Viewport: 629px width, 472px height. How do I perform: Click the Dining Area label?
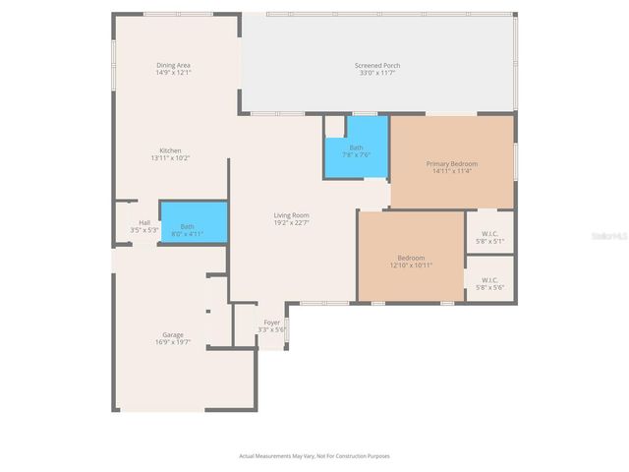pyautogui.click(x=173, y=66)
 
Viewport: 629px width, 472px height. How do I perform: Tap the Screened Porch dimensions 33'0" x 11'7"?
pyautogui.click(x=377, y=73)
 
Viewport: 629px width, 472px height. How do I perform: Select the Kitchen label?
pyautogui.click(x=170, y=150)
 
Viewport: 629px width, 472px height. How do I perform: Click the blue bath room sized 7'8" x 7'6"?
pyautogui.click(x=356, y=147)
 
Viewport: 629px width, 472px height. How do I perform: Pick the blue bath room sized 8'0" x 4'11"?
pyautogui.click(x=193, y=223)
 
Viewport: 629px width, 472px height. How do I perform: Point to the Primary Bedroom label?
pyautogui.click(x=451, y=163)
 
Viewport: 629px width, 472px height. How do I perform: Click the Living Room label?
pyautogui.click(x=291, y=215)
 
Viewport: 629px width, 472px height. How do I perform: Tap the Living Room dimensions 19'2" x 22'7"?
pyautogui.click(x=291, y=222)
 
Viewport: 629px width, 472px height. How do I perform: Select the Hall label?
pyautogui.click(x=144, y=222)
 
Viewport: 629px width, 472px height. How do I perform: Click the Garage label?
pyautogui.click(x=173, y=335)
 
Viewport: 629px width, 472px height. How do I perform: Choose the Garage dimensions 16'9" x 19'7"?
pyautogui.click(x=173, y=342)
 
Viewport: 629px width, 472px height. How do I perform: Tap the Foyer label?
pyautogui.click(x=271, y=322)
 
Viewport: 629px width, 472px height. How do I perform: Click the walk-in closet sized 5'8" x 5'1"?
pyautogui.click(x=488, y=237)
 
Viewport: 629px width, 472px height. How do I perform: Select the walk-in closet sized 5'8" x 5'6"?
pyautogui.click(x=488, y=284)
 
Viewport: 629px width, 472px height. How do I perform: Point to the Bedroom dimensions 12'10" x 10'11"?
pyautogui.click(x=411, y=265)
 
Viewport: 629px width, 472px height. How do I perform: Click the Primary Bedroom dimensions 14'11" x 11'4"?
pyautogui.click(x=451, y=171)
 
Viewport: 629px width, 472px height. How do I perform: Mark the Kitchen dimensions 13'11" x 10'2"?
pyautogui.click(x=170, y=157)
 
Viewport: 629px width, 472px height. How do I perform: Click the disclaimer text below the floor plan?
pyautogui.click(x=314, y=456)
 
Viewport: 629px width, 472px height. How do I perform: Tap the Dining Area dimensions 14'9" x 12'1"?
pyautogui.click(x=173, y=73)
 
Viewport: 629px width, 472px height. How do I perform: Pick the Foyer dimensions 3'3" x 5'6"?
pyautogui.click(x=271, y=329)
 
